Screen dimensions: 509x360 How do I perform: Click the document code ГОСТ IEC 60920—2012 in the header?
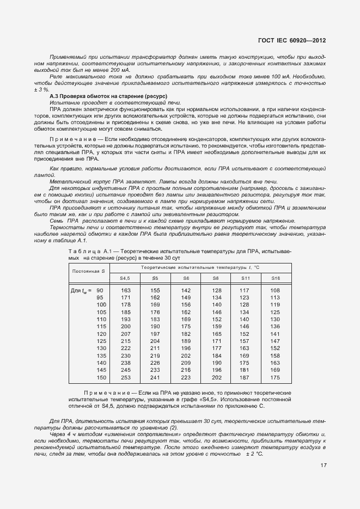pyautogui.click(x=292, y=40)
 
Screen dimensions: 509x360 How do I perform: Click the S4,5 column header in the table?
pyautogui.click(x=125, y=278)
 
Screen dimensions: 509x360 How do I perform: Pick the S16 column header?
pyautogui.click(x=275, y=278)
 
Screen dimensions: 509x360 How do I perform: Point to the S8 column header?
pyautogui.click(x=216, y=278)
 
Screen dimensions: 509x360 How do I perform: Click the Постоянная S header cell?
pyautogui.click(x=89, y=271)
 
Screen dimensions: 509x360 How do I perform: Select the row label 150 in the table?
pyautogui.click(x=101, y=377)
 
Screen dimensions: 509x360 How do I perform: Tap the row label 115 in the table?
pyautogui.click(x=101, y=326)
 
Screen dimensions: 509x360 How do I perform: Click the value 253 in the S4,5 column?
pyautogui.click(x=126, y=377)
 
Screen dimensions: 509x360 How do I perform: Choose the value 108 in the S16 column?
pyautogui.click(x=274, y=291)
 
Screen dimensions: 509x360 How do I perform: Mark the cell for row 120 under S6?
pyautogui.click(x=186, y=333)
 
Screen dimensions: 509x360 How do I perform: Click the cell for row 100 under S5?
pyautogui.click(x=155, y=305)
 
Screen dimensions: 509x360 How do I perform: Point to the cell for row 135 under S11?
pyautogui.click(x=244, y=354)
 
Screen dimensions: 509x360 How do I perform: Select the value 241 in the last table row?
pyautogui.click(x=155, y=377)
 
